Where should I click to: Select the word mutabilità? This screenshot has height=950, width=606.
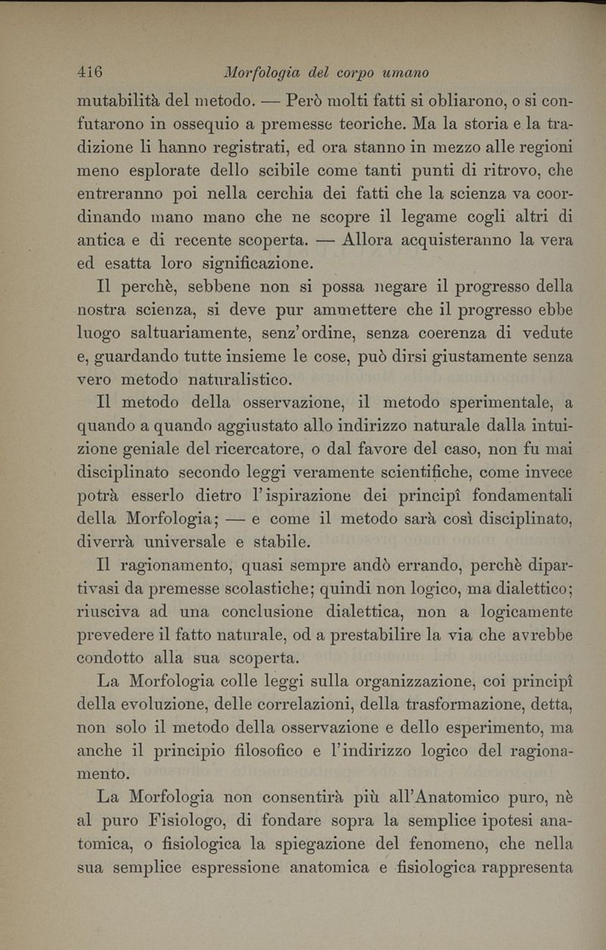pyautogui.click(x=126, y=99)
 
